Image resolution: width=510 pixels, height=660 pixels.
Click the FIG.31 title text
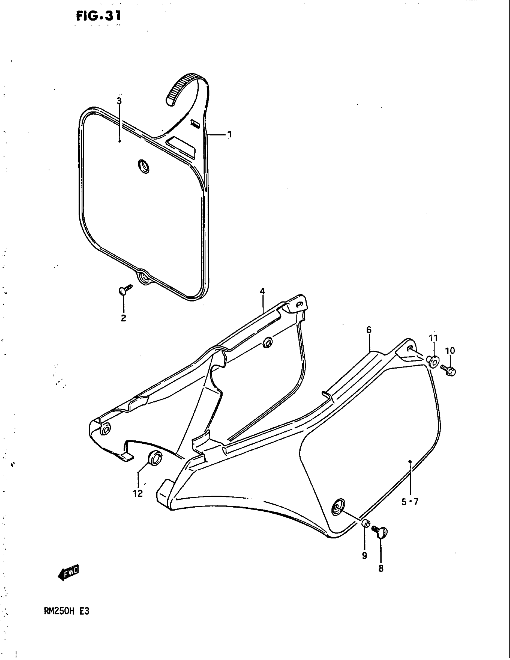(x=98, y=16)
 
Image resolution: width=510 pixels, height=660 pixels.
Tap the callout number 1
(x=229, y=134)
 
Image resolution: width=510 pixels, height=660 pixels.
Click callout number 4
(x=262, y=292)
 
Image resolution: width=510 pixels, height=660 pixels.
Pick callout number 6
(x=369, y=330)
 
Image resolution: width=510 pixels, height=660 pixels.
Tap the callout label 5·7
(x=410, y=502)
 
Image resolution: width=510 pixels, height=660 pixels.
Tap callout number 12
(x=137, y=494)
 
